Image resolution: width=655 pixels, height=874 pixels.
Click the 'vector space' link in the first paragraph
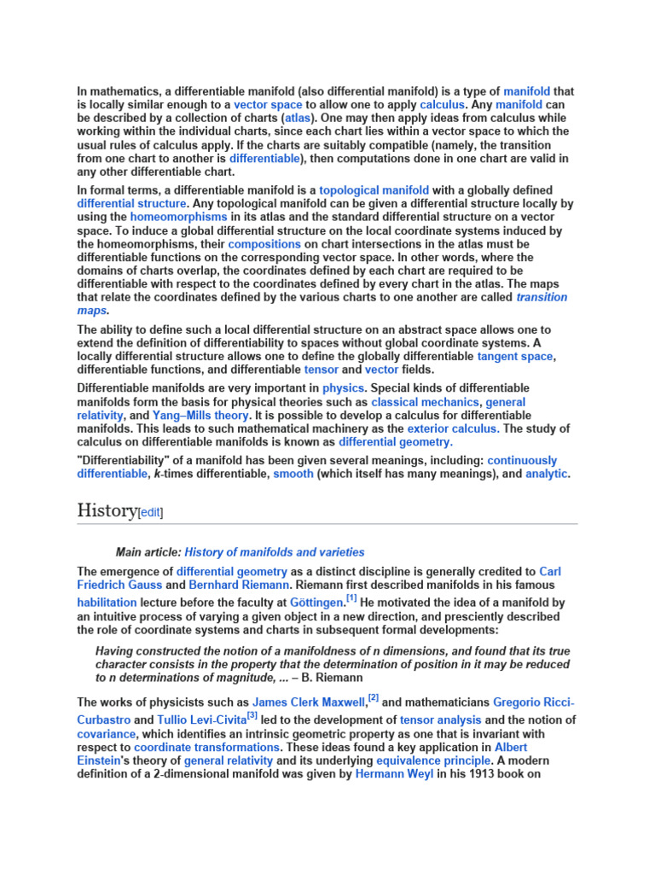[268, 104]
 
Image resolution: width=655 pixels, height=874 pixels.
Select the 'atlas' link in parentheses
[299, 118]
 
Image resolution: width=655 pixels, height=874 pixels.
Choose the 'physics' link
[343, 387]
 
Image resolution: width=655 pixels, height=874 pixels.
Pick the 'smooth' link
[293, 474]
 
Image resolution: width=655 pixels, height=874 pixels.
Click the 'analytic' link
[546, 474]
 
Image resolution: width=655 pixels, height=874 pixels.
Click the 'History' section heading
[107, 510]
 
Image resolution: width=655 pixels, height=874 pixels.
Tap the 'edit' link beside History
[150, 512]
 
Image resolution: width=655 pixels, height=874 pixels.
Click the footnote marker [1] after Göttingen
[351, 599]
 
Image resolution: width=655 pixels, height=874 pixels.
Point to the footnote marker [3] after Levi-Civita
[252, 715]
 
